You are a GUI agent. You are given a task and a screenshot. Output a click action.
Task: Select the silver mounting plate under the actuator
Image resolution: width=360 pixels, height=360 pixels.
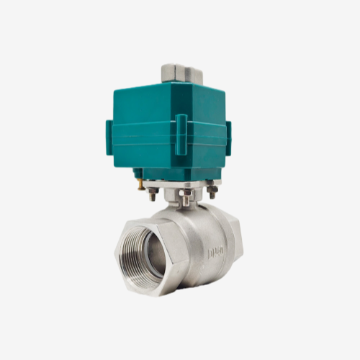[180, 184]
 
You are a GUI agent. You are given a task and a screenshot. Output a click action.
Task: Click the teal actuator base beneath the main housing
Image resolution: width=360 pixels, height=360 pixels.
[173, 171]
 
